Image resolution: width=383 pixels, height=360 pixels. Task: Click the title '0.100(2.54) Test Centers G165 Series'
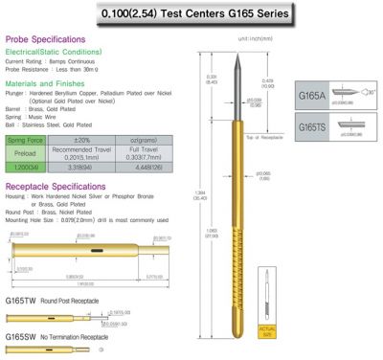point(191,15)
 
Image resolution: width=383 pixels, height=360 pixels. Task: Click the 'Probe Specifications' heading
point(48,41)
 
